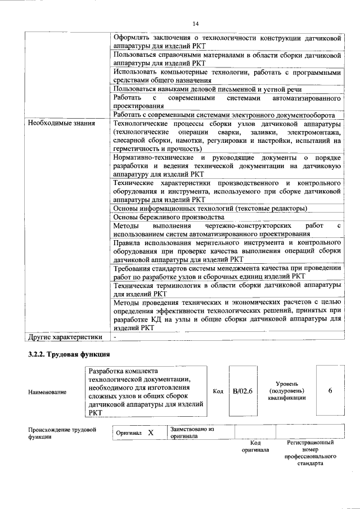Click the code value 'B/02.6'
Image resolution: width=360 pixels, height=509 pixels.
(x=243, y=391)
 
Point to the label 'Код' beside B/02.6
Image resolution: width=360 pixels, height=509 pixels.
(x=218, y=391)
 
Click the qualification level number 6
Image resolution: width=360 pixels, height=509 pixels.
(x=330, y=391)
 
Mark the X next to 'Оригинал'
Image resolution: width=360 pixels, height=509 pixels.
(x=151, y=433)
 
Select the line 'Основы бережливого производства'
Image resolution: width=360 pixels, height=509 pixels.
(x=169, y=217)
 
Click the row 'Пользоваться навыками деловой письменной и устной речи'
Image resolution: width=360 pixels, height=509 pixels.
(x=208, y=89)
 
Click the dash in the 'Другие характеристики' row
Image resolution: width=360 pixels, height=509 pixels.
(x=115, y=337)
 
